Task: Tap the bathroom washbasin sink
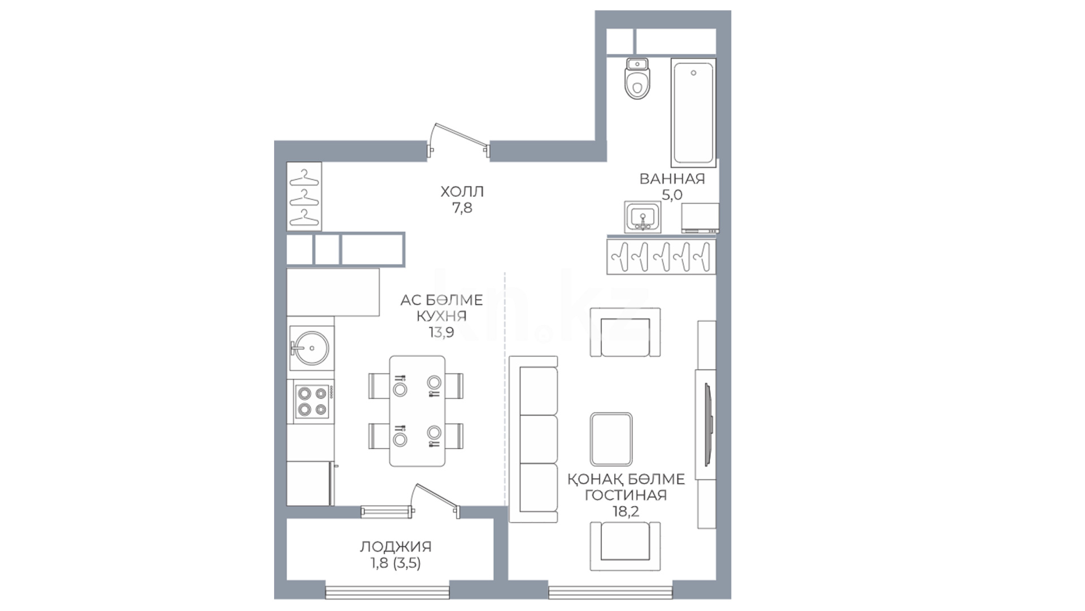(641, 217)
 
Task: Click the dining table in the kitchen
(417, 411)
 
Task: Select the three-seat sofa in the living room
(533, 439)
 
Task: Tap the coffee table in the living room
(611, 438)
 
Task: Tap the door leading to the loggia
(436, 501)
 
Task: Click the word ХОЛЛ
(462, 192)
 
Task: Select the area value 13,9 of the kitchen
(441, 332)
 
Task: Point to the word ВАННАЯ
(672, 179)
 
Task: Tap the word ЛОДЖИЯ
(396, 547)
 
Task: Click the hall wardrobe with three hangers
(304, 196)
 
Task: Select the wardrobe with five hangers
(661, 257)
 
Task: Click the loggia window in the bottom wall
(388, 591)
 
